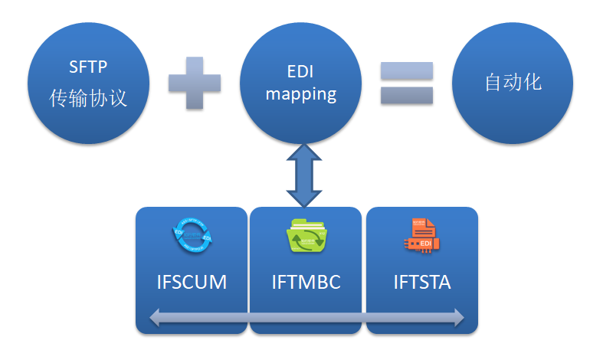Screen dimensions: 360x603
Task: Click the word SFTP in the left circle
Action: (x=87, y=68)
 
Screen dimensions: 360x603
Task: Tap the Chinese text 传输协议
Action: (x=87, y=99)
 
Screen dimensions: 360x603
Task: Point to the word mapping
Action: (x=300, y=95)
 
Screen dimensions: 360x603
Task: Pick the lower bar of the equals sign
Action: (x=407, y=96)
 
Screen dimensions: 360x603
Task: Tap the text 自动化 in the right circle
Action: (x=513, y=83)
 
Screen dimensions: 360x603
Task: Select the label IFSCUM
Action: (x=192, y=282)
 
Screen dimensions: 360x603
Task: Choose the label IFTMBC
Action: (x=306, y=282)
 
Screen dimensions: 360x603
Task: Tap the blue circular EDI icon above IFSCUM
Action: (x=192, y=235)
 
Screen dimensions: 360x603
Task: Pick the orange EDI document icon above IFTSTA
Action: (x=421, y=235)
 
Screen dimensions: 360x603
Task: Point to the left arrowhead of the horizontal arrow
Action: (x=156, y=317)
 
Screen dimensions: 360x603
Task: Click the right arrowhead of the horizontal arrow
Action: (x=457, y=317)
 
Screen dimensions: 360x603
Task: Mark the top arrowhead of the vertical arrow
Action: (x=304, y=153)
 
